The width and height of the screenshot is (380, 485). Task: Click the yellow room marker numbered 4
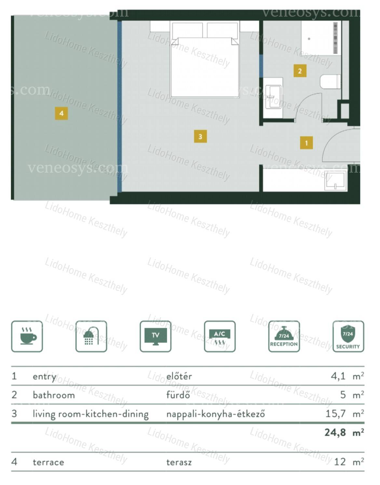[61, 113]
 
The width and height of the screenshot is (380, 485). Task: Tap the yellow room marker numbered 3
[200, 137]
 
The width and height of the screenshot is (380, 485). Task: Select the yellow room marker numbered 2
[300, 71]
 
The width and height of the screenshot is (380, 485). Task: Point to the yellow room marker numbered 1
[306, 143]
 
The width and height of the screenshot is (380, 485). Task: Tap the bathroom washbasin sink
[273, 97]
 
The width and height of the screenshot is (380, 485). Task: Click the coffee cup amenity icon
[27, 336]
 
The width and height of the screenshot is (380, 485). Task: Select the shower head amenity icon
[91, 336]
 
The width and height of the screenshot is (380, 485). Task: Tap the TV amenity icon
[156, 336]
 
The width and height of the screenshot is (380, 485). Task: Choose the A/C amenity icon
[220, 336]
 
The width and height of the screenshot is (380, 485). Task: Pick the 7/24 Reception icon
[284, 336]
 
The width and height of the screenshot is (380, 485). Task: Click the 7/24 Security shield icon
[348, 336]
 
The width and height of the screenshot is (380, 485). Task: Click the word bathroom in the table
[54, 395]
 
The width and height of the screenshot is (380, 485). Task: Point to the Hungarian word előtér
[179, 376]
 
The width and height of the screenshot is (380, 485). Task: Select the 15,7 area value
[335, 413]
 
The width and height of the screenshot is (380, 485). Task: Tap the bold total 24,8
[335, 433]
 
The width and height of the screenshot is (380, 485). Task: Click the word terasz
[179, 462]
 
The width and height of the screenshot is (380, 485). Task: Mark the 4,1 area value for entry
[338, 376]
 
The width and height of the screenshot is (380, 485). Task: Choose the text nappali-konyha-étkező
[216, 414]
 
